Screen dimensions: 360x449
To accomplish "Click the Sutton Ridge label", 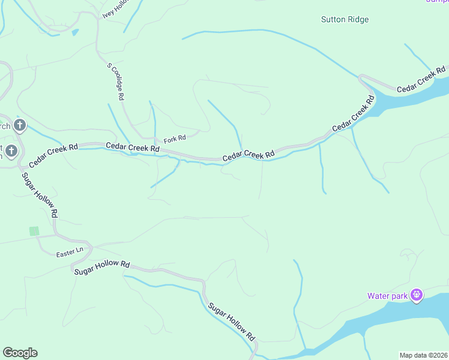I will (345, 19).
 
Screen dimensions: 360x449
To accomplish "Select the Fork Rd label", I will (175, 138).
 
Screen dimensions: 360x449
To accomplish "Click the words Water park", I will (387, 295).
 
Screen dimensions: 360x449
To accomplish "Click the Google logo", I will (20, 352).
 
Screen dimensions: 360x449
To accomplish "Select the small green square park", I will (34, 231).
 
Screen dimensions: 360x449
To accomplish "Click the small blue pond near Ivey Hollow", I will (74, 32).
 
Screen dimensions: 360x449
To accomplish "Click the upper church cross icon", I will (20, 125).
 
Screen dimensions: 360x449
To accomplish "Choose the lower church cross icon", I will (12, 150).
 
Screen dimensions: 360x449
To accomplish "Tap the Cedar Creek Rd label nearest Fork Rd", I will (133, 147).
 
